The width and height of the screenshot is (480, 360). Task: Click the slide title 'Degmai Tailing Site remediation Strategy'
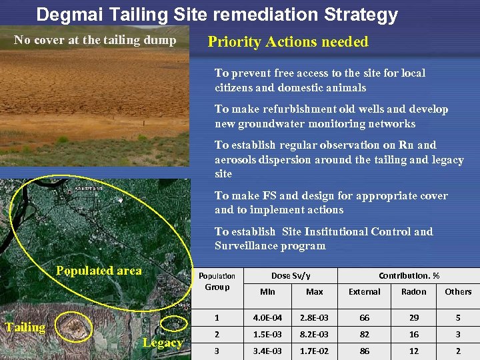pyautogui.click(x=217, y=15)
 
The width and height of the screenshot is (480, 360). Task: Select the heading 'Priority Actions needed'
pyautogui.click(x=288, y=42)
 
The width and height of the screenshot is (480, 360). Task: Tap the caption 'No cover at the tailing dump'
pyautogui.click(x=95, y=40)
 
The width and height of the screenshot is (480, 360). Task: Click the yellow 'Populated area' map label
pyautogui.click(x=99, y=271)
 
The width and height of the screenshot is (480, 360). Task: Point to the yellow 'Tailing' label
pyautogui.click(x=25, y=327)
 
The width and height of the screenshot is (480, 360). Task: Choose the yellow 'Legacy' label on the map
pyautogui.click(x=163, y=343)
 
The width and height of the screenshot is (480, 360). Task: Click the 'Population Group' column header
pyautogui.click(x=217, y=281)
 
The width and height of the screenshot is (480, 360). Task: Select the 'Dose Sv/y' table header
pyautogui.click(x=291, y=275)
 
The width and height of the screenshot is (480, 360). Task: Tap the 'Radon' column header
pyautogui.click(x=413, y=291)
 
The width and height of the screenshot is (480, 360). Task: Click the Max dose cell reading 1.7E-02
pyautogui.click(x=315, y=351)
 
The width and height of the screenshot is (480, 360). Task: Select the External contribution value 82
pyautogui.click(x=365, y=334)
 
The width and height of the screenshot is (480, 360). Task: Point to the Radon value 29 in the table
pyautogui.click(x=413, y=317)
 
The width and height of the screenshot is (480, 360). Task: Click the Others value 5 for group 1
pyautogui.click(x=458, y=317)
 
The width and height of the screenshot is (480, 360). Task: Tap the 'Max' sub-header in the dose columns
pyautogui.click(x=315, y=291)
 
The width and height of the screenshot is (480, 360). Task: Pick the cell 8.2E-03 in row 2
pyautogui.click(x=315, y=334)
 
